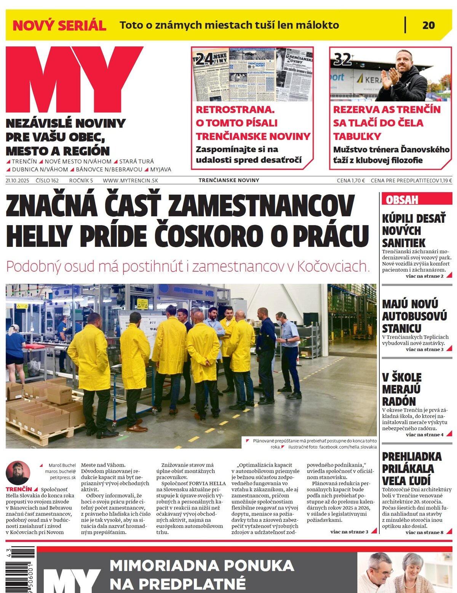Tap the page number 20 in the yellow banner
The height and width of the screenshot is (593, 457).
pos(428,25)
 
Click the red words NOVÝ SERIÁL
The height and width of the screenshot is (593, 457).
pos(59,26)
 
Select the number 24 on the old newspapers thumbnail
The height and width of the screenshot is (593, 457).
pos(205,59)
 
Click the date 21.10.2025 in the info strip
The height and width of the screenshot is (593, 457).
pos(18,181)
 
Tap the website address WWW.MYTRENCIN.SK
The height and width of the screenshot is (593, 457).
pos(130,181)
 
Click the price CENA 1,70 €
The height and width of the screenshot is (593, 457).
pos(351,181)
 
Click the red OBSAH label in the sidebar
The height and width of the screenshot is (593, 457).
pos(402,200)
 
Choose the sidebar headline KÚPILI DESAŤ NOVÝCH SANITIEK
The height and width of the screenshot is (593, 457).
pos(414,230)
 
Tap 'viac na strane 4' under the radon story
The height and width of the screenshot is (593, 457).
pos(425,435)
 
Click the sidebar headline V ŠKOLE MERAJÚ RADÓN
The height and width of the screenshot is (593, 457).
pos(402,389)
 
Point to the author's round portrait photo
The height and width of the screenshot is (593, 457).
pos(18,473)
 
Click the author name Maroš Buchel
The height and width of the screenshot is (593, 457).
pos(62,465)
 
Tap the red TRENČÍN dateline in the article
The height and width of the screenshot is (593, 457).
pos(19,489)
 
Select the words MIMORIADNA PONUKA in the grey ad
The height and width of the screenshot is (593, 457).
pos(202,565)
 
